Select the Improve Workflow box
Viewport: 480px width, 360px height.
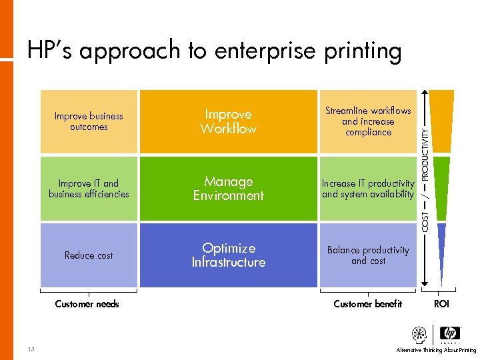pyautogui.click(x=228, y=121)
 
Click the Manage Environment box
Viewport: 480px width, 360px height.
pyautogui.click(x=228, y=189)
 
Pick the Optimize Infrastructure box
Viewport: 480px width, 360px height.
pyautogui.click(x=228, y=255)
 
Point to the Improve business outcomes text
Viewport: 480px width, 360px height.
pyautogui.click(x=89, y=121)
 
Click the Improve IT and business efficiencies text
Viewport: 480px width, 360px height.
pyautogui.click(x=89, y=189)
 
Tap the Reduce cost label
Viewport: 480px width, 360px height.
pyautogui.click(x=89, y=255)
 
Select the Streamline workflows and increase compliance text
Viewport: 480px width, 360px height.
pyautogui.click(x=368, y=121)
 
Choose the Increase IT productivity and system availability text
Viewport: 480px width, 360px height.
pyautogui.click(x=368, y=189)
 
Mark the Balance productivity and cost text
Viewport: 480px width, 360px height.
pyautogui.click(x=368, y=255)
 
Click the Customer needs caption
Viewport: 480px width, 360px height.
pyautogui.click(x=87, y=304)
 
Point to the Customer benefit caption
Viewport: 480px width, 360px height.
pyautogui.click(x=368, y=304)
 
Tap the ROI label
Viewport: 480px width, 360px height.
pyautogui.click(x=441, y=304)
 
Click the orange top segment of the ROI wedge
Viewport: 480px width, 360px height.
pyautogui.click(x=441, y=120)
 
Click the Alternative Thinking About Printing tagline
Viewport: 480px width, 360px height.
pyautogui.click(x=436, y=350)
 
